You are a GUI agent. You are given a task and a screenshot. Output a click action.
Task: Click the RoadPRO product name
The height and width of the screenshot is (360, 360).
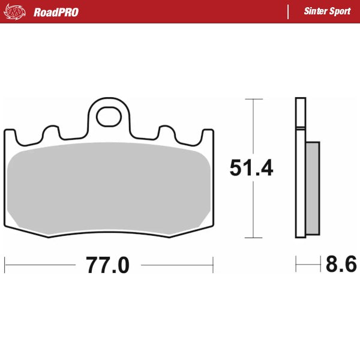[56, 12]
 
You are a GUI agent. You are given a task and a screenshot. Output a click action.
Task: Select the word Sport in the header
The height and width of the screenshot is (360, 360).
[341, 11]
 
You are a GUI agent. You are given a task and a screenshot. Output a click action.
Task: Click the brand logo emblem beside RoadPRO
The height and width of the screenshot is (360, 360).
[14, 11]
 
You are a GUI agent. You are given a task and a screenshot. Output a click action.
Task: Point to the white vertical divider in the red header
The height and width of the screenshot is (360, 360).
[289, 11]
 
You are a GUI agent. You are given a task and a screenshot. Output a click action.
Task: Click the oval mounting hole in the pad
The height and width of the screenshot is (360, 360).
[109, 115]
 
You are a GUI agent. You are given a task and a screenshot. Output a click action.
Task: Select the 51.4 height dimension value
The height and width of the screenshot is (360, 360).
[251, 169]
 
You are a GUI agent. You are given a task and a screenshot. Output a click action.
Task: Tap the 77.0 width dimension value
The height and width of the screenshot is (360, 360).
[107, 265]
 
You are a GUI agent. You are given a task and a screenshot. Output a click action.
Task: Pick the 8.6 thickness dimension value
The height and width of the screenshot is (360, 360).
[341, 265]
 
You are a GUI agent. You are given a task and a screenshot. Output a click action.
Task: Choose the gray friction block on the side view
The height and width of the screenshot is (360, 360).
[313, 187]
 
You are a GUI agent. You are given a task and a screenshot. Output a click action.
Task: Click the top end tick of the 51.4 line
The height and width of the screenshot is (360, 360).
[254, 98]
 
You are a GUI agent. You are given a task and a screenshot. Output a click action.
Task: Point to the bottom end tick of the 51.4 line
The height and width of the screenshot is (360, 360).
[254, 238]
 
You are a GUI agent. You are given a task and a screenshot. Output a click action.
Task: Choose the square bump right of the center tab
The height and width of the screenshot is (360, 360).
[166, 133]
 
